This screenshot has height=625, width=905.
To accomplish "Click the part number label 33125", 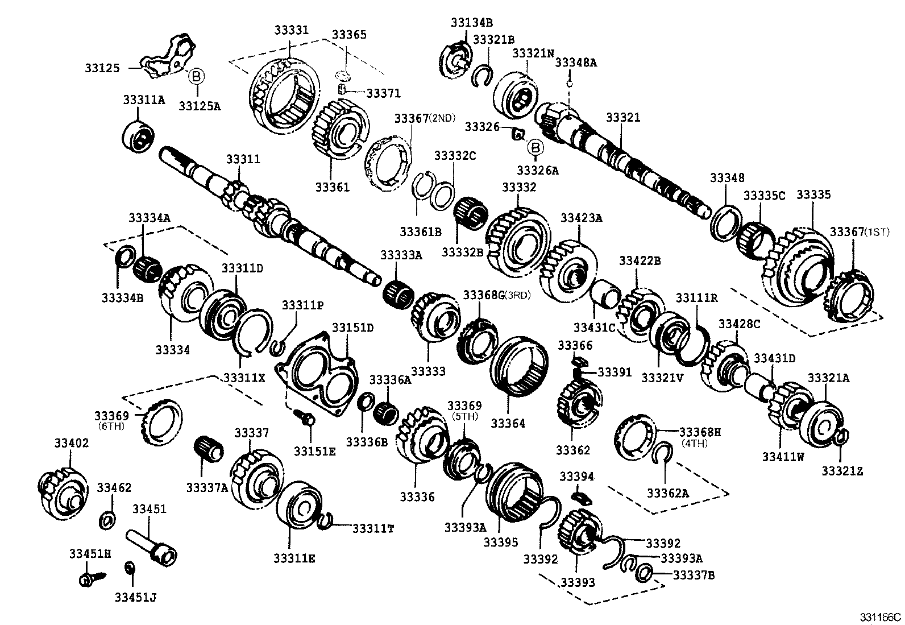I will [102, 68].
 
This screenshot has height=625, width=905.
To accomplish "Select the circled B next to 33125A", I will [195, 76].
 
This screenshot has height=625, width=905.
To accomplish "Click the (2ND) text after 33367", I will [443, 118].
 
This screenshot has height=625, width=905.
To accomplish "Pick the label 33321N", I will [533, 53].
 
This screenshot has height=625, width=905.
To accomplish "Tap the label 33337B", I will [694, 576].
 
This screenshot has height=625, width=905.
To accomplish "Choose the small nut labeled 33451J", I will [130, 568].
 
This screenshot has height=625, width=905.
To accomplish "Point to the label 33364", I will [508, 424].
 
